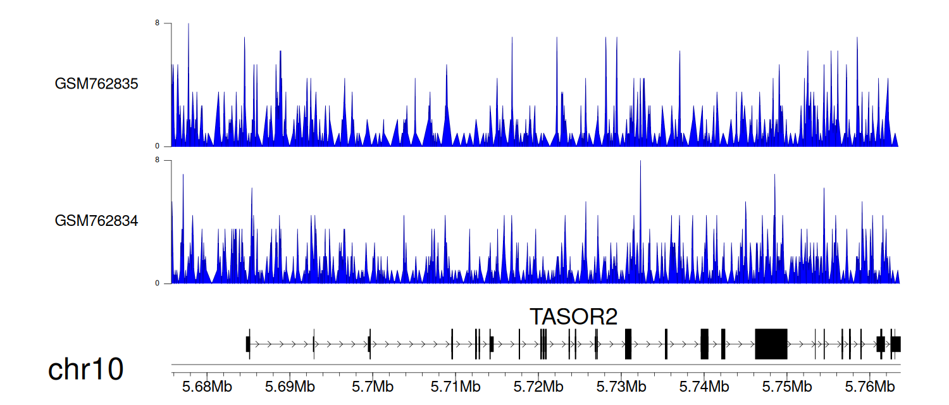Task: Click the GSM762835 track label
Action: [96, 84]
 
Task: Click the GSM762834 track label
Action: [96, 221]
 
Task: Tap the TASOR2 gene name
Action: [574, 316]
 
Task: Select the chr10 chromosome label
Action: [85, 370]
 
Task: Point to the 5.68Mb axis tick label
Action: [207, 387]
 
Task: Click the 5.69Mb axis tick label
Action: [290, 387]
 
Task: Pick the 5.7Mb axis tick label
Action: [373, 387]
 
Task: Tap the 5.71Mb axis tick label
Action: [456, 387]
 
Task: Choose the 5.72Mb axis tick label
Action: [538, 387]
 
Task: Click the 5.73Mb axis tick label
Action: [621, 387]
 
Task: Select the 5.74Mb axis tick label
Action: [704, 387]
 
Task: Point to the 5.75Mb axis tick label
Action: [787, 387]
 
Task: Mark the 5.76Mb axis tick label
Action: [870, 387]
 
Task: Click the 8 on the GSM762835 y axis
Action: [157, 23]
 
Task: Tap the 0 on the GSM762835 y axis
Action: [157, 146]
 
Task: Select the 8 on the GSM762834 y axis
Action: [157, 160]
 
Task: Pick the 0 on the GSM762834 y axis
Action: [157, 283]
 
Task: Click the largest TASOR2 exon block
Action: [771, 344]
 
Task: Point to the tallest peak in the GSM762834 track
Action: [640, 161]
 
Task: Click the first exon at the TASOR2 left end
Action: [248, 344]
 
